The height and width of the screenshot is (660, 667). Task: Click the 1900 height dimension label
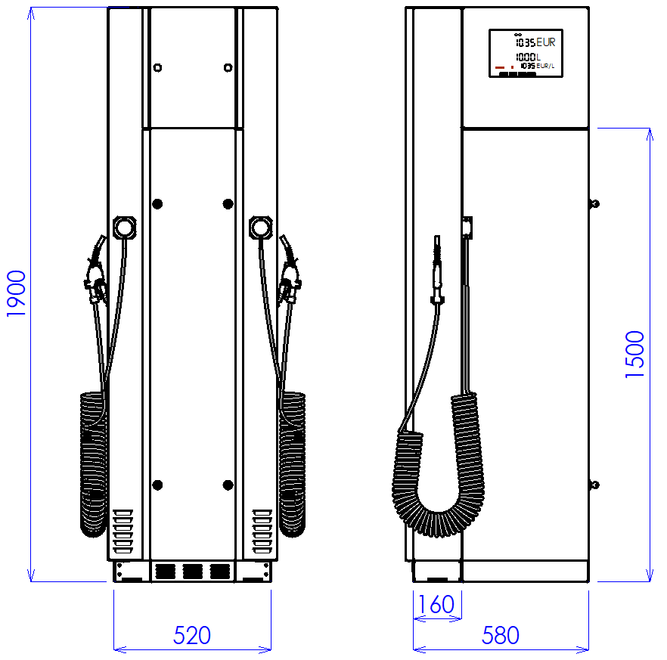point(16,293)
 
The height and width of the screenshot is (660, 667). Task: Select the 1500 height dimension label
point(634,355)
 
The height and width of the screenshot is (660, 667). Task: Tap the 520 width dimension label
point(192,635)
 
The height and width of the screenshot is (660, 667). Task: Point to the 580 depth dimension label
point(501,635)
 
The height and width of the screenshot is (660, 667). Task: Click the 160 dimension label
point(436,604)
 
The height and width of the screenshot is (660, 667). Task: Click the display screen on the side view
point(526,53)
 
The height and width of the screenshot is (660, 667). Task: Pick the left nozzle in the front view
point(96,270)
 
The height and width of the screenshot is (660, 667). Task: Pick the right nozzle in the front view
point(290,270)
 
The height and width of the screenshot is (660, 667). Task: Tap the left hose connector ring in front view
point(125,228)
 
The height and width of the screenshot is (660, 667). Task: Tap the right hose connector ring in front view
point(261,228)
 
